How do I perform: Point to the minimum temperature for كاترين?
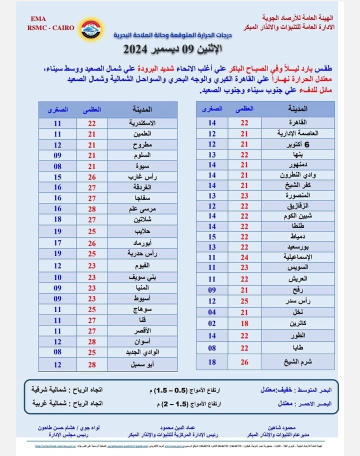(x=212, y=324)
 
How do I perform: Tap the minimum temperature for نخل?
(x=212, y=312)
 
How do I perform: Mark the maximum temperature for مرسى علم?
(x=91, y=208)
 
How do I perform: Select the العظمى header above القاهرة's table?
(x=244, y=108)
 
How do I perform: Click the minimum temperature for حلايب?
(x=58, y=232)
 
